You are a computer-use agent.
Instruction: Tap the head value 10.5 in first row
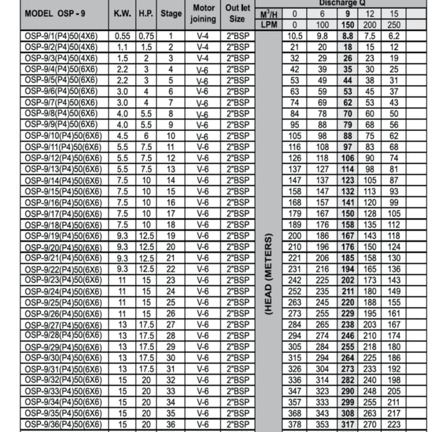click(x=294, y=36)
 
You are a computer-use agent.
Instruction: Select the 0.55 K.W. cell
click(x=122, y=36)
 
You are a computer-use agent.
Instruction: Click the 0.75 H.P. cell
click(x=145, y=36)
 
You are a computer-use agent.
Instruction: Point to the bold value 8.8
click(x=348, y=36)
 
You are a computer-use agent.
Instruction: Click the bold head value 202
click(x=348, y=280)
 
